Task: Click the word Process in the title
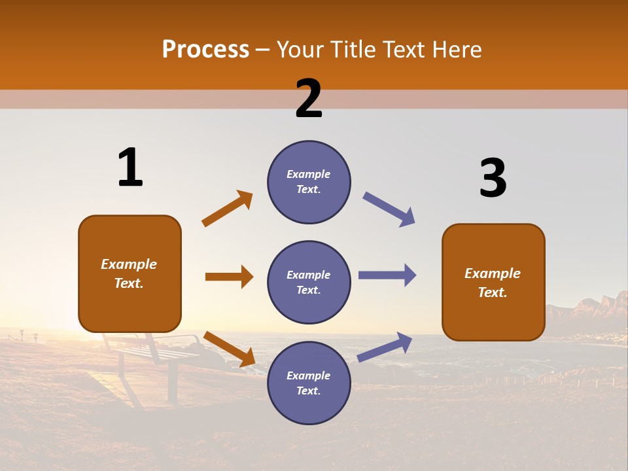coord(205,50)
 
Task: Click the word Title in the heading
coord(350,50)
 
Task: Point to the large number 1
coord(130,167)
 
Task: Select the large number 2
coord(309,99)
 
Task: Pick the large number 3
coord(493,178)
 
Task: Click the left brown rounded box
coord(130,273)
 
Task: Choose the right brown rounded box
coord(493,283)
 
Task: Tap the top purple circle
coord(309,182)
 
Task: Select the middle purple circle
coord(309,283)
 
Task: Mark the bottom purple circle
coord(309,383)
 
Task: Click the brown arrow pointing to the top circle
coord(228,208)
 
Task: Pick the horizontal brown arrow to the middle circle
coord(229,277)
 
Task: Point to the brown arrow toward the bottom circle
coord(229,349)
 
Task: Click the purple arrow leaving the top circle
coord(389,209)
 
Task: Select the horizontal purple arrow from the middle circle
coord(387,275)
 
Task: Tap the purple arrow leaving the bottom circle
coord(385,347)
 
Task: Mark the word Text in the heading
coord(401,50)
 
